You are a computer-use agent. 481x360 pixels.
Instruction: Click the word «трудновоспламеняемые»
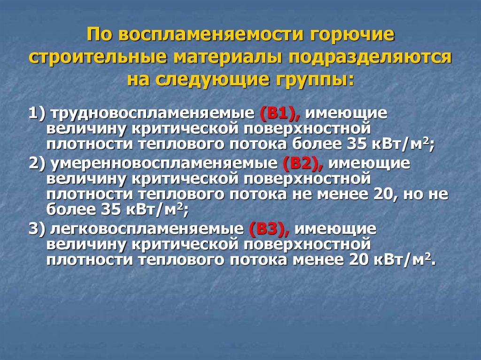[x=151, y=114]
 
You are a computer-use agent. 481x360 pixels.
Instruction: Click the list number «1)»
[x=36, y=114]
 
